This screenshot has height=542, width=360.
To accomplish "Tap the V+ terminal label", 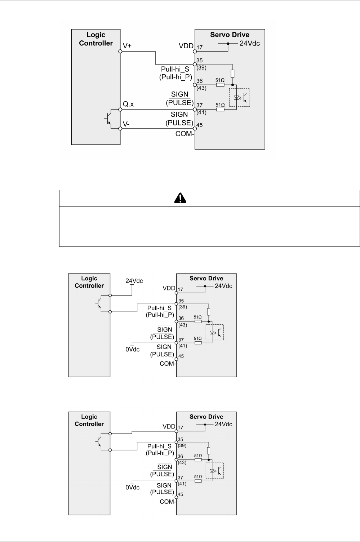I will [128, 46].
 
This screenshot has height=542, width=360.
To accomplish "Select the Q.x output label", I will [129, 105].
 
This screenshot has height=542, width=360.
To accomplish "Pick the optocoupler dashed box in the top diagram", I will [240, 97].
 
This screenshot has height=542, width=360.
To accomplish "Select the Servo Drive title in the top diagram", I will [230, 35].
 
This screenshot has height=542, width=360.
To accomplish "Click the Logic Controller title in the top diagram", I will [96, 39].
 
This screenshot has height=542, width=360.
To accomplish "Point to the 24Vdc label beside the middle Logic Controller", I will [134, 281].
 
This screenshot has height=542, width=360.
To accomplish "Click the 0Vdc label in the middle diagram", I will [133, 349].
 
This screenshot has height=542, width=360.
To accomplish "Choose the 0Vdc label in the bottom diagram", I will [133, 488].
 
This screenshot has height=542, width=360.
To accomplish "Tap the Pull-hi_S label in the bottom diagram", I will [160, 446].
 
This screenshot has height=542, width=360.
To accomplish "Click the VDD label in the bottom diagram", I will [168, 427].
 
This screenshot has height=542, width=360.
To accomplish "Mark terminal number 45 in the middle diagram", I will [181, 356].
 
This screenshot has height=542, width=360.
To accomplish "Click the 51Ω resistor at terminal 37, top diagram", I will [220, 109].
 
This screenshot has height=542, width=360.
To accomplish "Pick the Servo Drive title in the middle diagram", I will [206, 279].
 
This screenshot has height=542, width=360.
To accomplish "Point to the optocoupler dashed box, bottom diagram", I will [214, 471].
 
